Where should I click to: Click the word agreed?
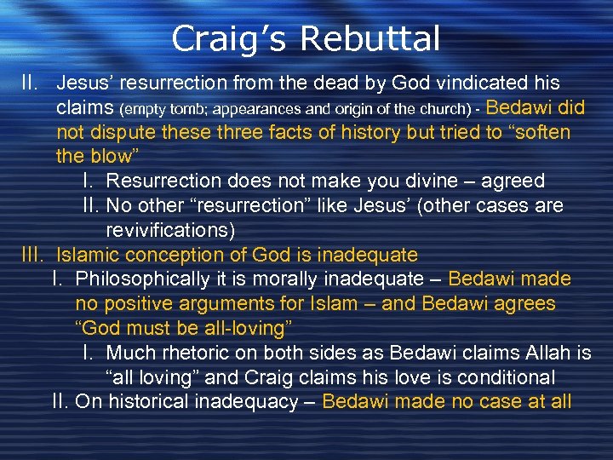click(510, 181)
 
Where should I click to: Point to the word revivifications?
click(170, 230)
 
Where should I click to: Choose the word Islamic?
click(89, 255)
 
